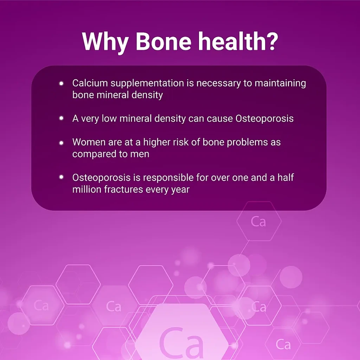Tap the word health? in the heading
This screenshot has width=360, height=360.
[x=238, y=41]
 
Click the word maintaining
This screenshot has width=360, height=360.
[x=280, y=83]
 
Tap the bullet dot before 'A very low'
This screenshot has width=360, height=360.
[x=61, y=118]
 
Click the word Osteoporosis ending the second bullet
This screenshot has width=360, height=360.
[x=264, y=119]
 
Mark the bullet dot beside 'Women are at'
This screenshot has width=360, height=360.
[x=61, y=143]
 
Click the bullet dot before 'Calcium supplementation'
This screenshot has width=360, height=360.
[x=61, y=83]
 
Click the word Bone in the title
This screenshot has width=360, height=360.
[x=163, y=41]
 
